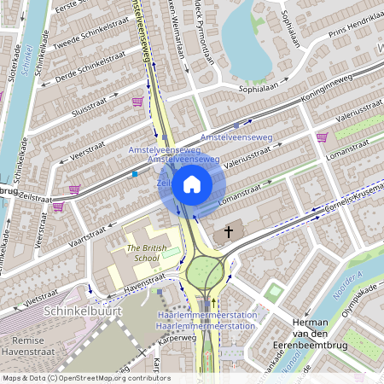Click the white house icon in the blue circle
pos(191,183)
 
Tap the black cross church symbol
pos(227,233)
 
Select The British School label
pos(143,253)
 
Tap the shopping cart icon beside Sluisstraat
pos(137,102)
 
